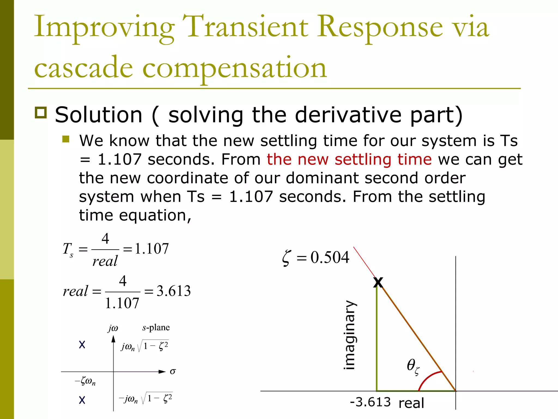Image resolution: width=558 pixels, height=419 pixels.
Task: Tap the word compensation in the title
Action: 234,68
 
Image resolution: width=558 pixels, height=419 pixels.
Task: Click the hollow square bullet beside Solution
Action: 41,112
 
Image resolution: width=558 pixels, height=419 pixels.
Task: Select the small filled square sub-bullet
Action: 66,139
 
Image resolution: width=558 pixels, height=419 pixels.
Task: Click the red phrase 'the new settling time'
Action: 349,159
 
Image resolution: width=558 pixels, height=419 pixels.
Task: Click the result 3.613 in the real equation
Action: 174,291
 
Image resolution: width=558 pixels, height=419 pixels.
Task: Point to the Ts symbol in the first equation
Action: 68,249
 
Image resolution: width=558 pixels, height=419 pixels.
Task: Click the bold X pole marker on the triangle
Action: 378,282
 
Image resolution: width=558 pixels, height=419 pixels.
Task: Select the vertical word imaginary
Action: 350,335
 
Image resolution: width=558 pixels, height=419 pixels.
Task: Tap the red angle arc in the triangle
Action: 428,378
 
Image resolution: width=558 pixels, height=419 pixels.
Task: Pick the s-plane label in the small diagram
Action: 156,327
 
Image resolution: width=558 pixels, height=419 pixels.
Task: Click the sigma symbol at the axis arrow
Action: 173,371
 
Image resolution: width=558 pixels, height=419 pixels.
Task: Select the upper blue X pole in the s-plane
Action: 82,345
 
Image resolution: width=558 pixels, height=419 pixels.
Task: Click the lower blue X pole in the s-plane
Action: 82,400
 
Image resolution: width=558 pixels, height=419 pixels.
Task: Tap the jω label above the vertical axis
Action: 113,328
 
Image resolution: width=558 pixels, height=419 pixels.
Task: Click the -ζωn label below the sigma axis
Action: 85,381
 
